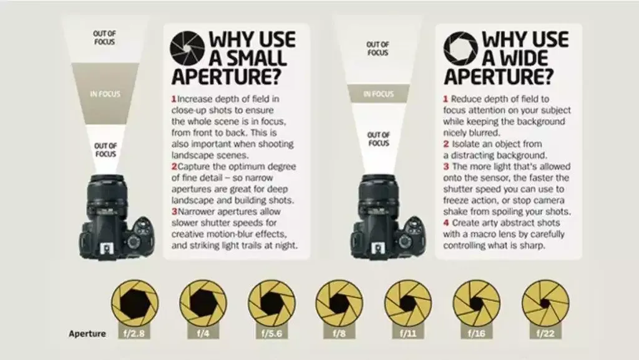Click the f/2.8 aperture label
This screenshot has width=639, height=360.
pos(134,333)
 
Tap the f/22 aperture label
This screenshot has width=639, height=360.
pos(544,333)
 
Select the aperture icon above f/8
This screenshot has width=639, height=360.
pos(339,303)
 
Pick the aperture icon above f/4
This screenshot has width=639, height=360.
pos(202,303)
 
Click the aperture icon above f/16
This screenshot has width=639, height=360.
pos(476,303)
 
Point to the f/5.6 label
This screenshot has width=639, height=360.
pos(271,333)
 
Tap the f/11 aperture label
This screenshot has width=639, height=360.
pos(407,333)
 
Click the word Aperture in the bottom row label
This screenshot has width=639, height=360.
pos(87,333)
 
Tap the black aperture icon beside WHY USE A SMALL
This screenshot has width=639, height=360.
pos(188,49)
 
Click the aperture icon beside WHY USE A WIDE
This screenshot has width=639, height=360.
pos(461,49)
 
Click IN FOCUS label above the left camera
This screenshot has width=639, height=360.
pos(105,94)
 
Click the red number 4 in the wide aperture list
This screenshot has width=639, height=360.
pos(446,222)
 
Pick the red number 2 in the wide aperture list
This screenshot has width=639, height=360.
pos(446,144)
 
